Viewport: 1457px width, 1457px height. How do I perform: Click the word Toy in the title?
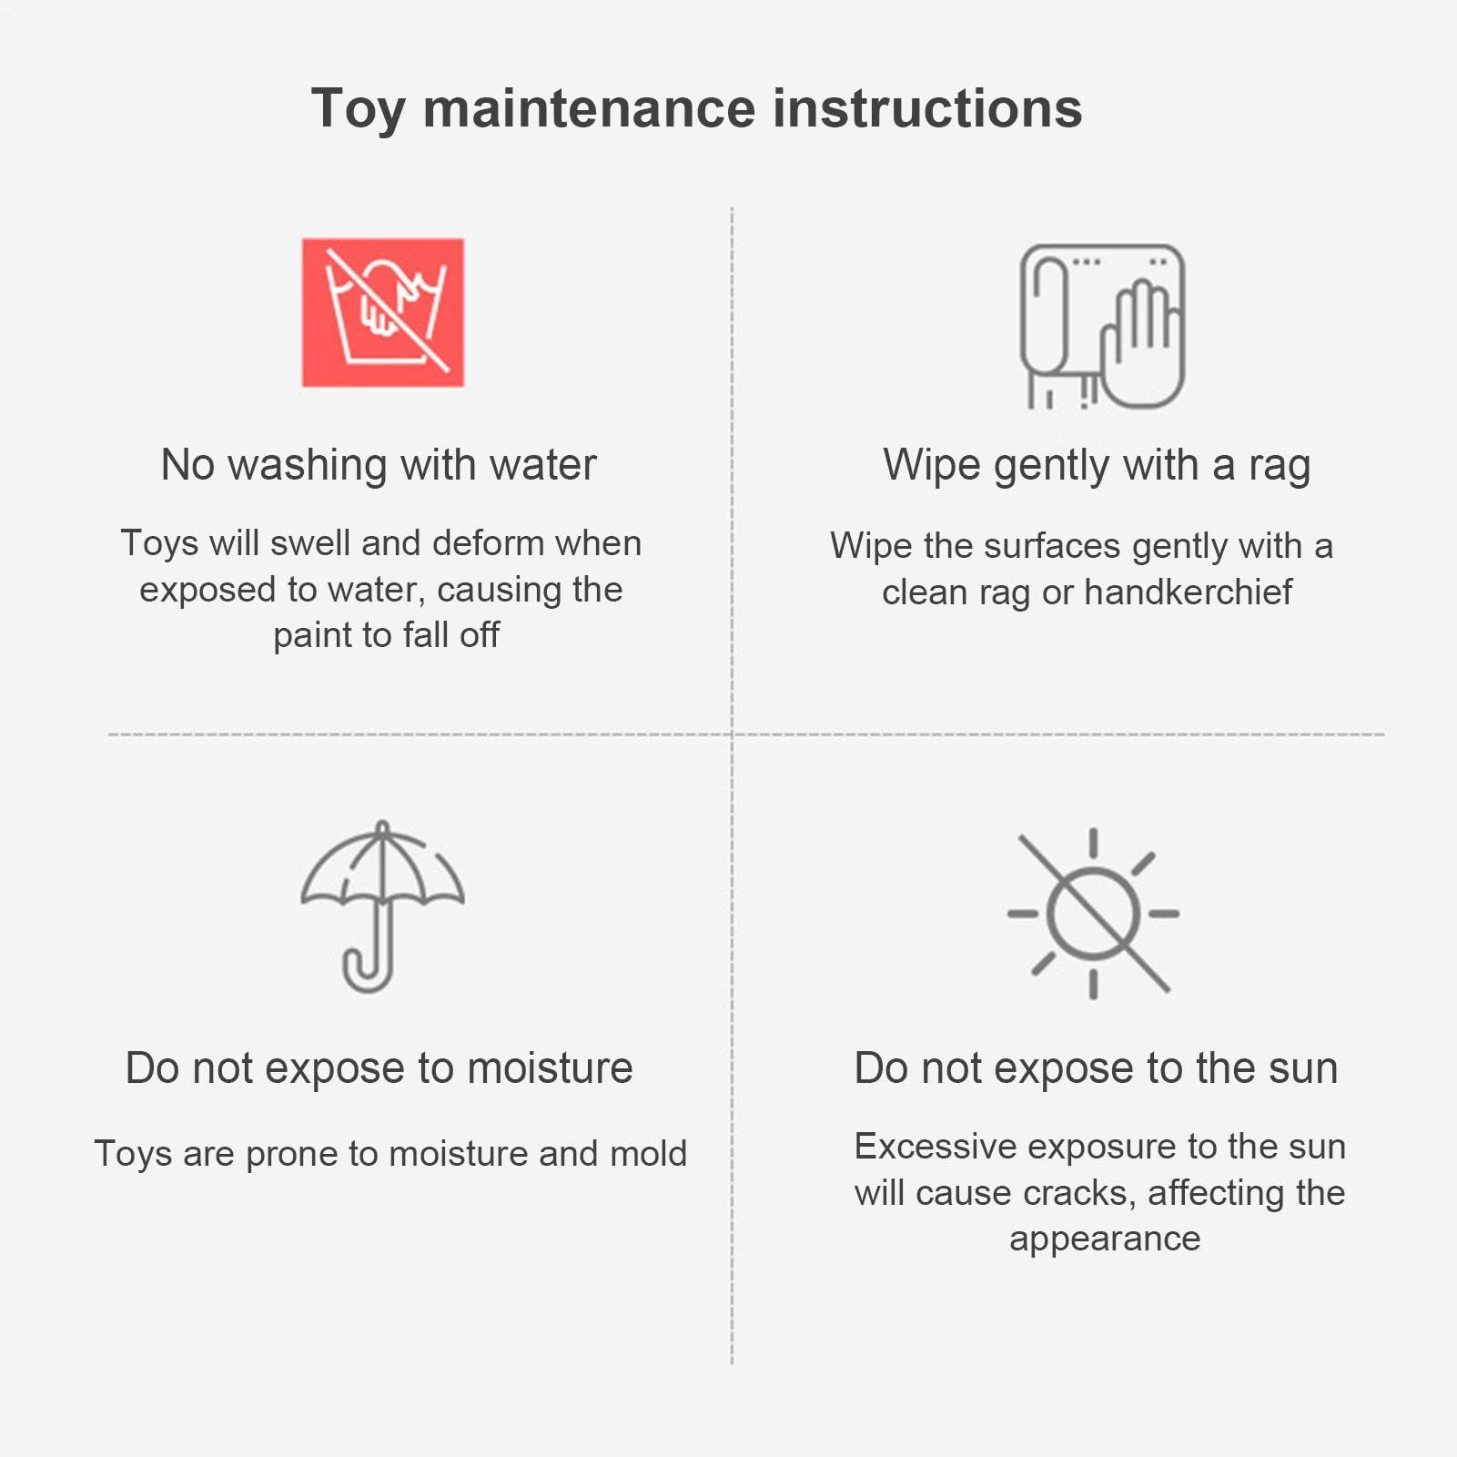coord(358,110)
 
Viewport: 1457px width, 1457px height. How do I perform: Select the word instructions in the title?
coord(927,108)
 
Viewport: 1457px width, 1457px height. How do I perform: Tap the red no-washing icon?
coord(383,312)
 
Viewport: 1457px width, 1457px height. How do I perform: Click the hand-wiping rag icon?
coord(1102,327)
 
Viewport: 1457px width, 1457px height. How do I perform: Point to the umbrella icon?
coord(382,906)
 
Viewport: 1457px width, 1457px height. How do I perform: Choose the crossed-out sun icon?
coord(1093,913)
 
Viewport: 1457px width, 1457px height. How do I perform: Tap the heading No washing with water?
coord(379,464)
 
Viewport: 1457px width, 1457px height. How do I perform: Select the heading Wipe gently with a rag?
coord(1097,466)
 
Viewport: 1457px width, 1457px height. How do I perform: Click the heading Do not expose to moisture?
coord(379,1068)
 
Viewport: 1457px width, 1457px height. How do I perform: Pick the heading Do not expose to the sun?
coord(1096,1068)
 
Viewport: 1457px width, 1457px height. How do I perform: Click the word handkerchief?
coord(1188,592)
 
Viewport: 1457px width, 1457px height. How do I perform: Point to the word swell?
coord(310,542)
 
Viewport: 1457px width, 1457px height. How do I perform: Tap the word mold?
coord(649,1153)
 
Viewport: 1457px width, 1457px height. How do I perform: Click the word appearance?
coord(1105,1240)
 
